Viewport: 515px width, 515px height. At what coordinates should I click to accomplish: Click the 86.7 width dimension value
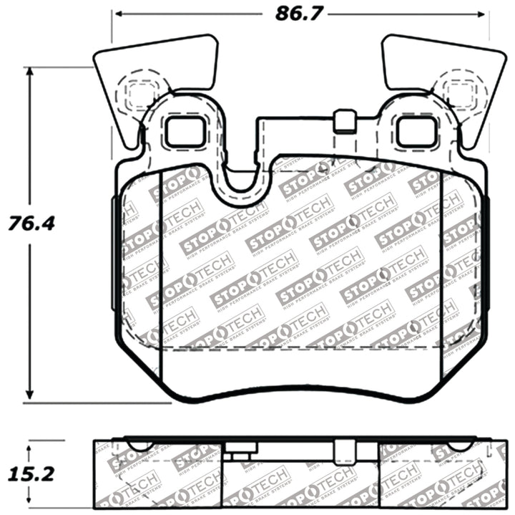(295, 12)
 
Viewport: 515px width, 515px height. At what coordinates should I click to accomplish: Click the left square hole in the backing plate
(185, 131)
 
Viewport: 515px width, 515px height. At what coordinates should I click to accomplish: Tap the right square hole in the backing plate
(416, 131)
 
